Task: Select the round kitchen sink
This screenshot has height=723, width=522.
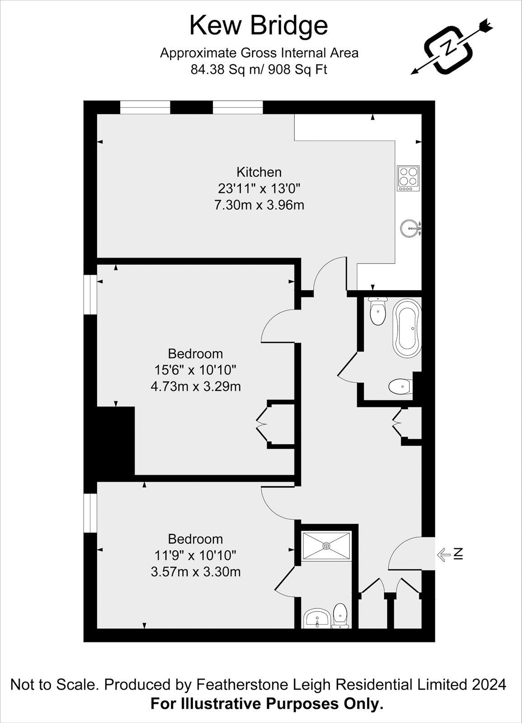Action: coord(409,229)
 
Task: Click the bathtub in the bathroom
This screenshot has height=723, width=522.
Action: coord(408,328)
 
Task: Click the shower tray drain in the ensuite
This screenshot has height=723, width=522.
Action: coord(326,545)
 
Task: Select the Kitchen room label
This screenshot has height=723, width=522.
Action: coord(259,172)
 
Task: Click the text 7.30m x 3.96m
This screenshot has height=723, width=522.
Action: coord(259,205)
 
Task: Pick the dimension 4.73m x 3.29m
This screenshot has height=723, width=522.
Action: coord(195,387)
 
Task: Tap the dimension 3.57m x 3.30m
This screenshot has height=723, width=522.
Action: coord(195,572)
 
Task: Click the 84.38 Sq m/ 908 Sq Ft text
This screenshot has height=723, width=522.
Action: coord(259,70)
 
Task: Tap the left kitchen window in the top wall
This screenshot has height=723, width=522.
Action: coord(145,108)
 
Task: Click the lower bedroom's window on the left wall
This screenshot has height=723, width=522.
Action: coord(90,513)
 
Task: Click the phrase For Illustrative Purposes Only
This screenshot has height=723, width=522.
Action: coord(267,704)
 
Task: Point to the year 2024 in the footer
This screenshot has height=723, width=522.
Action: coord(489,685)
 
